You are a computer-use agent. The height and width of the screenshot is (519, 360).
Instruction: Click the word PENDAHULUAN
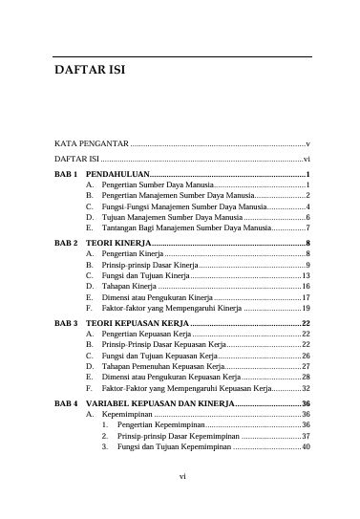[117, 173]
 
